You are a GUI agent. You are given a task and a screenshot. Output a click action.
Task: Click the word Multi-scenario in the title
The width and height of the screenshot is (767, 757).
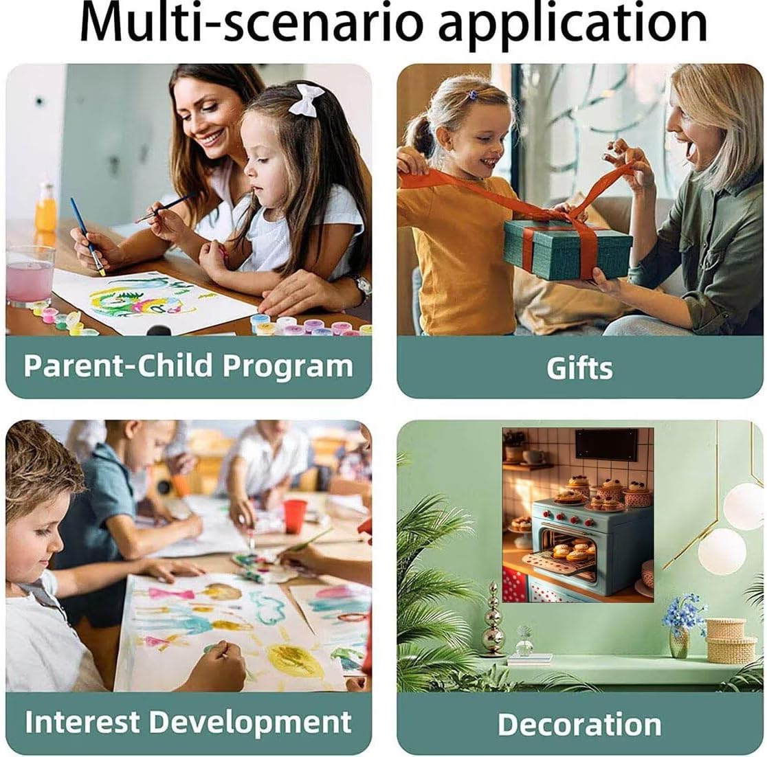coord(251,23)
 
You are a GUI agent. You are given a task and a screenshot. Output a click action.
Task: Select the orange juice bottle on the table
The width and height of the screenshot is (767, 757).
coord(46,207)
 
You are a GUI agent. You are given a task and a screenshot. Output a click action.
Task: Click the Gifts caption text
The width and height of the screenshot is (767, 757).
coord(579,369)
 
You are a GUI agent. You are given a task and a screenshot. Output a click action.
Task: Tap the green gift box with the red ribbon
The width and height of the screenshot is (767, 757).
coord(568,249)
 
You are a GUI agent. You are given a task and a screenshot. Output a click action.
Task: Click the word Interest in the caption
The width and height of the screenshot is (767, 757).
coord(82,722)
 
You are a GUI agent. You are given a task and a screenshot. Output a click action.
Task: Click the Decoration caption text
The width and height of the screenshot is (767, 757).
coord(579,724)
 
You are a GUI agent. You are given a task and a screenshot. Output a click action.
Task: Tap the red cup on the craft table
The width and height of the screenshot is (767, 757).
coord(295,517)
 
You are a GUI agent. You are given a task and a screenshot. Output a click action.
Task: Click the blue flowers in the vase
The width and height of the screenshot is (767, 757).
coord(684,611)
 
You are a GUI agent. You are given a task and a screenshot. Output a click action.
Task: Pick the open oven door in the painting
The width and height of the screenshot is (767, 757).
coord(558,563)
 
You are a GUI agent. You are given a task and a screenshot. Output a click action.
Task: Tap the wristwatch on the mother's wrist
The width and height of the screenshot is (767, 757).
coord(362,288)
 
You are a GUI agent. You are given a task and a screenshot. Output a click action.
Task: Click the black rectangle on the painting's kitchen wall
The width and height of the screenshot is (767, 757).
coord(607,444)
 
